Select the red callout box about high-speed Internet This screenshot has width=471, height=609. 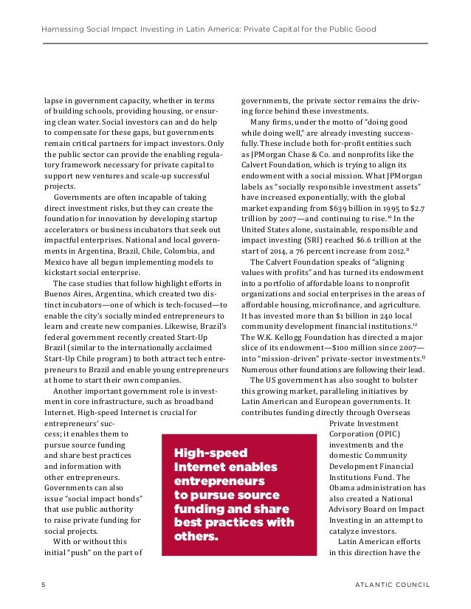tap(235, 493)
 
